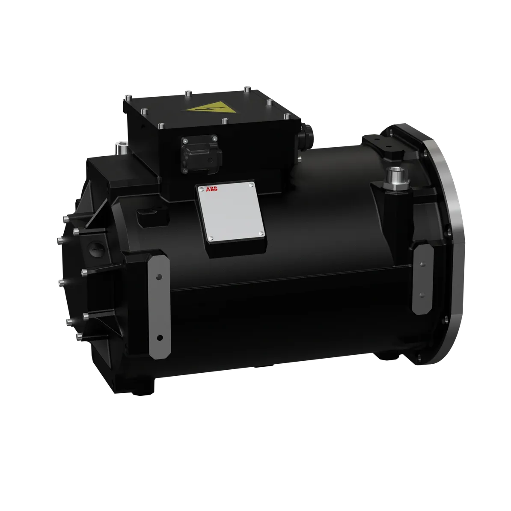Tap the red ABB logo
pyautogui.click(x=212, y=189)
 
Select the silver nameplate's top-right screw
pyautogui.click(x=251, y=185)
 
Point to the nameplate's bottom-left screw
pyautogui.click(x=211, y=238)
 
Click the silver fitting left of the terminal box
pyautogui.click(x=121, y=148)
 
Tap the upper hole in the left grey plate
pyautogui.click(x=159, y=276)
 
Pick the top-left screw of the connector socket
pyautogui.click(x=184, y=141)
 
